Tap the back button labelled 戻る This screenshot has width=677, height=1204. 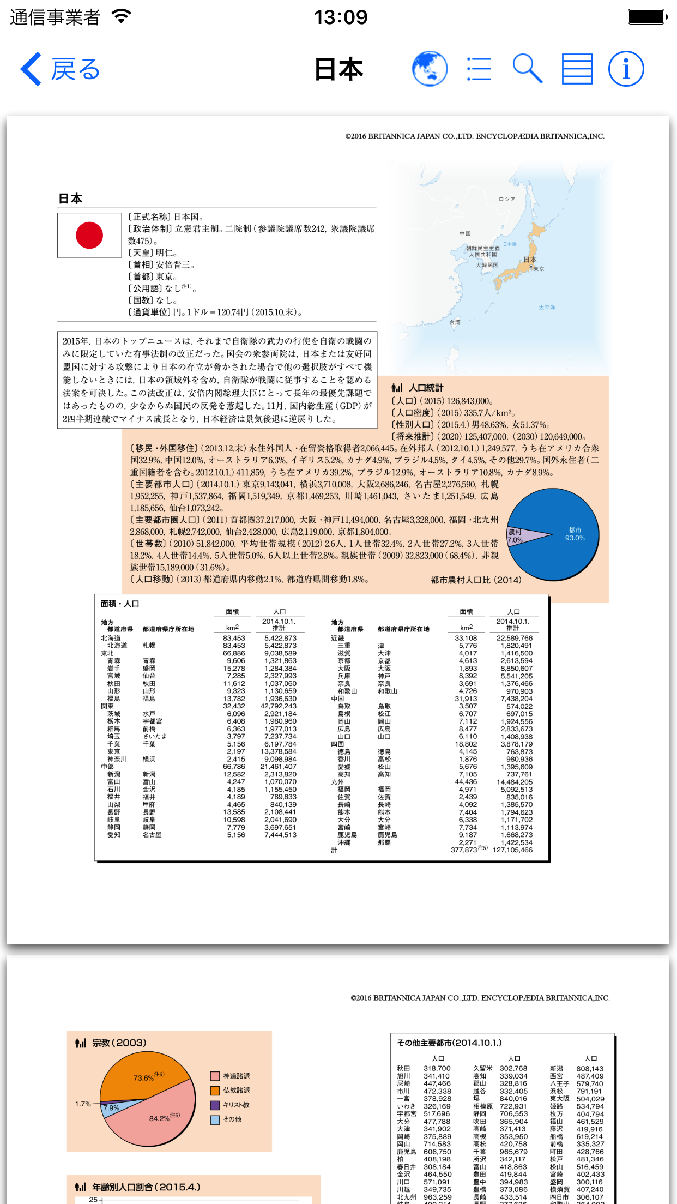click(61, 69)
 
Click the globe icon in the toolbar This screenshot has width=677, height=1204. click(430, 69)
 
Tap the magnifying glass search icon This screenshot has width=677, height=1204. click(527, 69)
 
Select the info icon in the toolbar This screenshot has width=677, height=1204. click(626, 69)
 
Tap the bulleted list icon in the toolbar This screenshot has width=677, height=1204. click(479, 69)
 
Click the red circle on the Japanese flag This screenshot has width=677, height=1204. click(89, 236)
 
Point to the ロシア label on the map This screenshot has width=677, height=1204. click(506, 199)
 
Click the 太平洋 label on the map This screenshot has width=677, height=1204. click(547, 308)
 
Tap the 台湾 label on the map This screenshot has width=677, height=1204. click(455, 322)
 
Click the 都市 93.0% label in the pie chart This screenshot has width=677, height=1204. click(575, 534)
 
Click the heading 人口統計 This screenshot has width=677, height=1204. click(426, 388)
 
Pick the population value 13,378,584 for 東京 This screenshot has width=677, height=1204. click(279, 751)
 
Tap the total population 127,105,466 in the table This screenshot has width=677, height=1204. click(512, 850)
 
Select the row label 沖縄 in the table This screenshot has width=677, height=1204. click(344, 842)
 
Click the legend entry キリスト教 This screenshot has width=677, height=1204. click(235, 1105)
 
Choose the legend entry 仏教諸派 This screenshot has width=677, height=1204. click(235, 1090)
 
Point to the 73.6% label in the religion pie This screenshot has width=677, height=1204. click(144, 1077)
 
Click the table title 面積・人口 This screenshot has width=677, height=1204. click(120, 604)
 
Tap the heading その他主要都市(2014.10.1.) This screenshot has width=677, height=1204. click(449, 1043)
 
